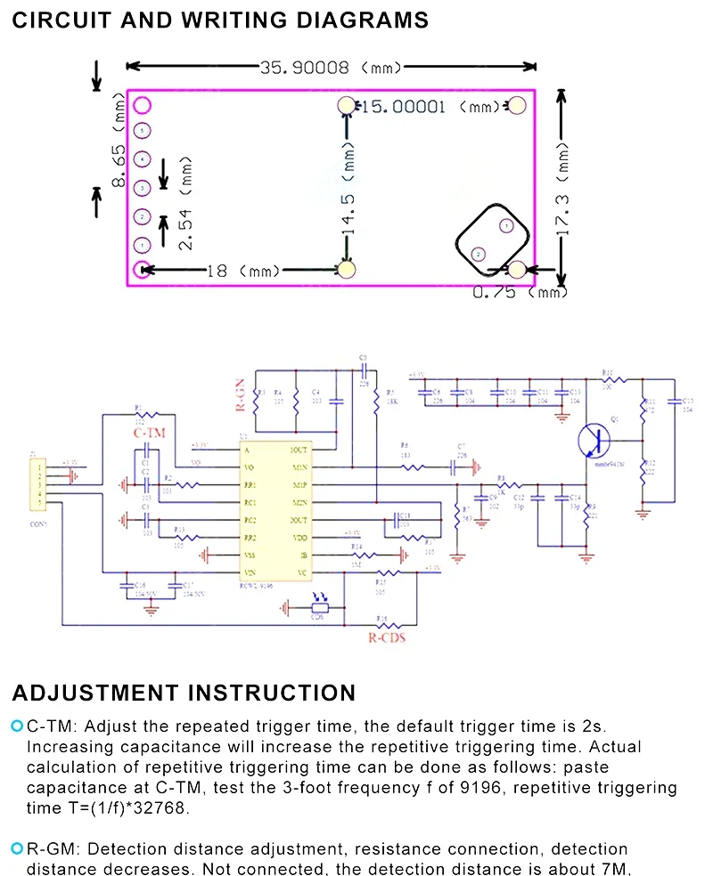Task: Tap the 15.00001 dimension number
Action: pos(401,107)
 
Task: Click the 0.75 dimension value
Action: pos(504,291)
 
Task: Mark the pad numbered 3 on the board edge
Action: pos(142,189)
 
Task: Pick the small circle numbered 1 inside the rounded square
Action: pos(504,227)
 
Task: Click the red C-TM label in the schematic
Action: pos(149,434)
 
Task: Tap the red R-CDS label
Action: pos(386,637)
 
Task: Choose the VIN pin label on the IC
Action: pos(250,572)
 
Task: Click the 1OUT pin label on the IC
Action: pos(299,450)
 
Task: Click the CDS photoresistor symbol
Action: pos(318,608)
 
